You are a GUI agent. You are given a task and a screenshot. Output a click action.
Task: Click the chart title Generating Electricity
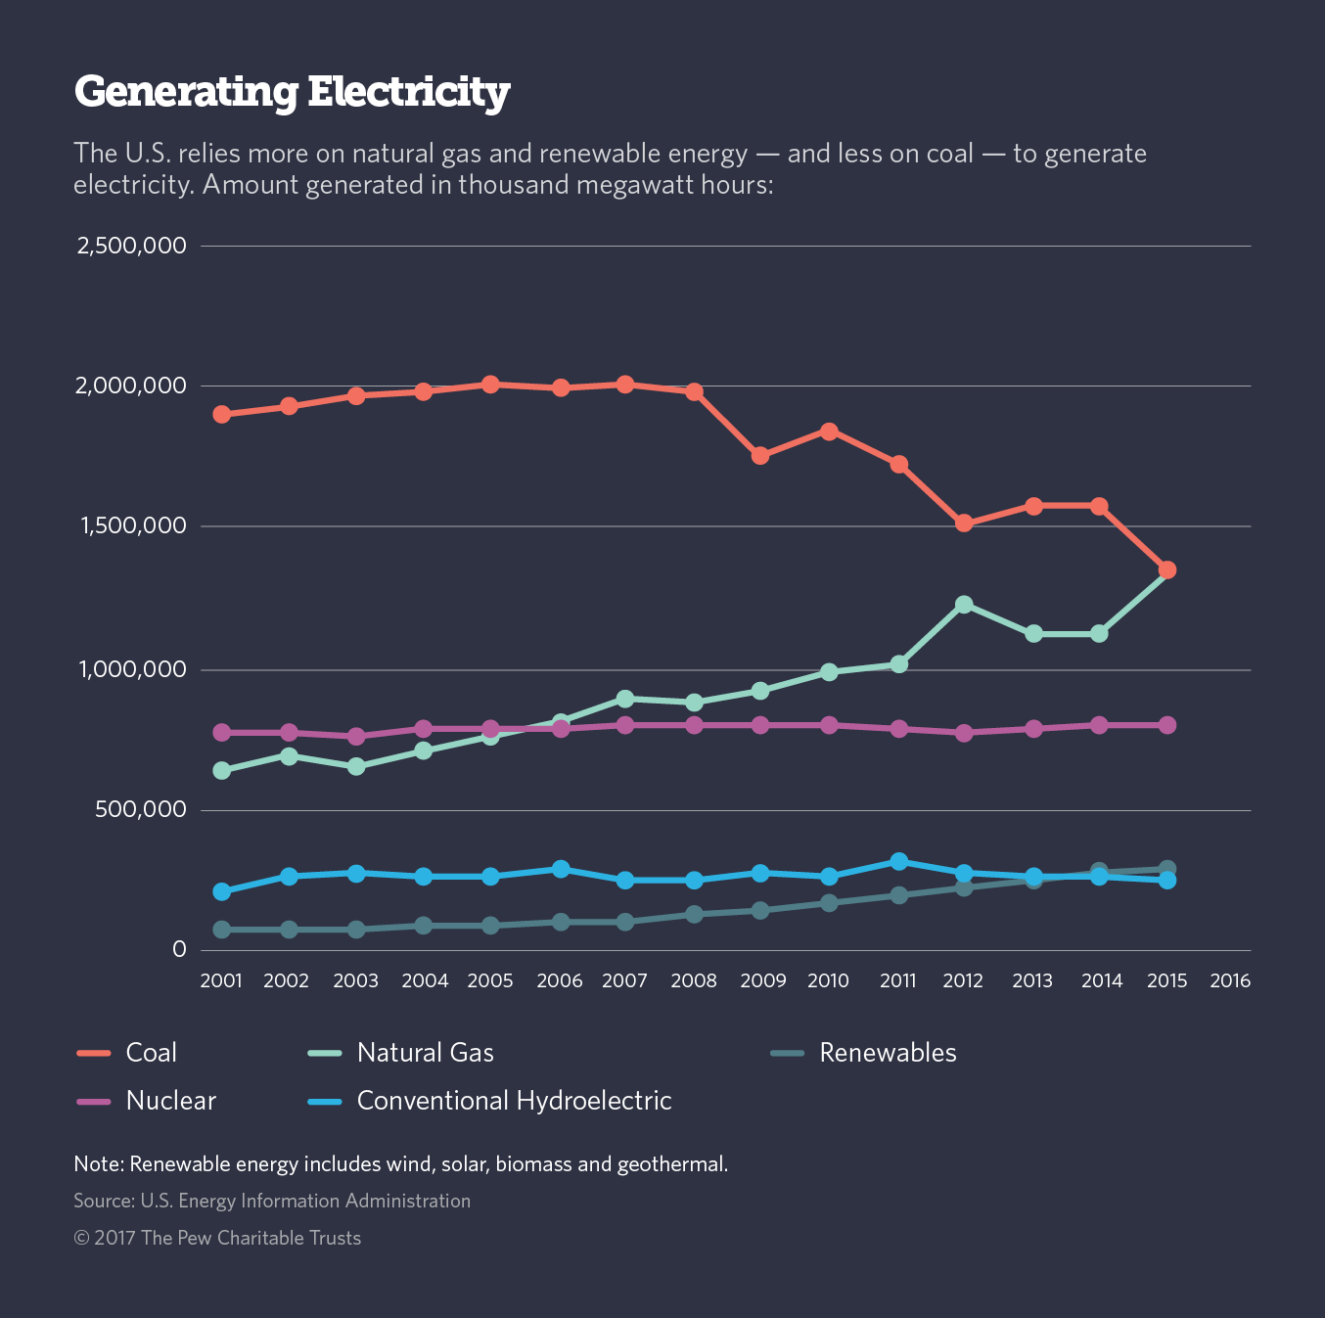(x=292, y=92)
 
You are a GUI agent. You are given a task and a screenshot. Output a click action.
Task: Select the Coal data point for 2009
(x=760, y=456)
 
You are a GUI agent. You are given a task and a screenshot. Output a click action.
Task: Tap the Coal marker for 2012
(x=964, y=523)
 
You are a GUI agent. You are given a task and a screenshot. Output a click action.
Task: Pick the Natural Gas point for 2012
(x=964, y=605)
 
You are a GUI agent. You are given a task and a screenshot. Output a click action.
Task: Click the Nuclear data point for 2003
(x=356, y=736)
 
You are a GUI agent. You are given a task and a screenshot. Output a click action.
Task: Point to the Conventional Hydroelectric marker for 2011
(x=898, y=861)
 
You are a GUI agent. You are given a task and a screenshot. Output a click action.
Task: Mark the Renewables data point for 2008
(x=694, y=914)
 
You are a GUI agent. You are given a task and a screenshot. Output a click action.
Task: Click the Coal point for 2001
(x=222, y=414)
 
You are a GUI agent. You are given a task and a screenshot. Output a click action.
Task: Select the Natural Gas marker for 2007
(x=625, y=699)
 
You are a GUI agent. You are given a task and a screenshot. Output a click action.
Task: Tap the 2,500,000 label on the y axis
(x=131, y=246)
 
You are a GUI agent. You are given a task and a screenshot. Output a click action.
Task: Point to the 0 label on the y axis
(x=178, y=950)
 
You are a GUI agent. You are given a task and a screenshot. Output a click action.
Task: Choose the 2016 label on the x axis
(x=1230, y=981)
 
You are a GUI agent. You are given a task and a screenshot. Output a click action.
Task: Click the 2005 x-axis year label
(x=490, y=981)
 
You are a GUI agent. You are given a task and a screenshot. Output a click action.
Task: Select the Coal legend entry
(x=151, y=1053)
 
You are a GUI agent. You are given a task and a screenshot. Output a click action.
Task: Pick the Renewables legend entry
(x=888, y=1053)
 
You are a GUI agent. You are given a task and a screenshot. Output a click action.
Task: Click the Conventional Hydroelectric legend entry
(x=514, y=1101)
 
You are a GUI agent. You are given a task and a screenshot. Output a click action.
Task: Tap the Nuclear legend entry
(x=170, y=1101)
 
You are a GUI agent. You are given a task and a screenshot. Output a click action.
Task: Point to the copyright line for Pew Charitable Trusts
(x=217, y=1238)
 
